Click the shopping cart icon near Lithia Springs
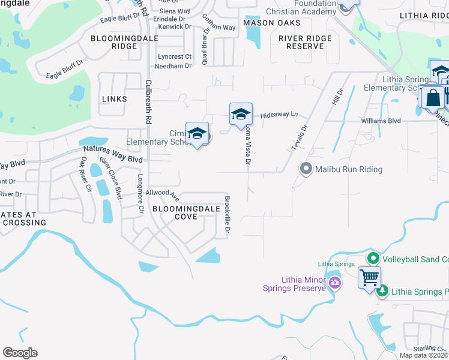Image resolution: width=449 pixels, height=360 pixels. tap(369, 277)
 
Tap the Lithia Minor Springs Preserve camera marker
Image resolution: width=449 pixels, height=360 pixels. tap(334, 283)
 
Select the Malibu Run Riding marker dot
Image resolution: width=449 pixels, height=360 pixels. tap(306, 169)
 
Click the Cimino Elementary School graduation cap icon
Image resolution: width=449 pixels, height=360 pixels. tap(196, 134)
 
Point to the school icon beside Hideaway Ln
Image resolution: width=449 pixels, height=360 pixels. tap(240, 113)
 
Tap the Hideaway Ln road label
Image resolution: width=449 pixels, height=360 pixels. tap(279, 114)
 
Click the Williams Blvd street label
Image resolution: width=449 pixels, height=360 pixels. tap(381, 121)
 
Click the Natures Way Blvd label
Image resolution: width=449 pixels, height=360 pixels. tap(113, 154)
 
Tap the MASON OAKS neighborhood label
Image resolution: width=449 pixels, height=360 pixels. tap(267, 23)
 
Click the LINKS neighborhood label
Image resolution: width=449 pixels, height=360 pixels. tap(115, 98)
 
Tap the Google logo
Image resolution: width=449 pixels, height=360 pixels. tap(20, 353)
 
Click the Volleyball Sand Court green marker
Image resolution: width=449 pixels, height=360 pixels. tap(373, 259)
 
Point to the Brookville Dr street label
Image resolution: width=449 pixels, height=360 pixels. tap(228, 214)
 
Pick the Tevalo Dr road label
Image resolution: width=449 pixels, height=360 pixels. tap(300, 137)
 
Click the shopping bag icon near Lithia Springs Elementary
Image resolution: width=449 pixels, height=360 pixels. tap(432, 98)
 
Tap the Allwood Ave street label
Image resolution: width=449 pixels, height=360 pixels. tap(167, 194)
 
